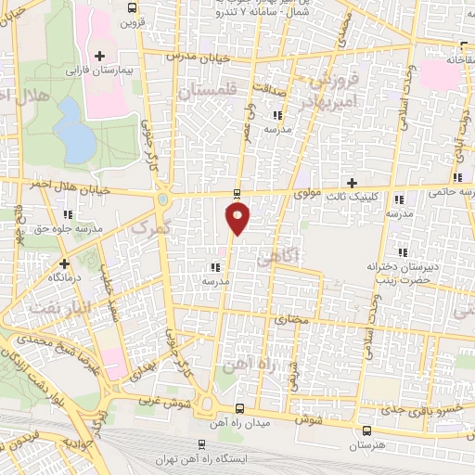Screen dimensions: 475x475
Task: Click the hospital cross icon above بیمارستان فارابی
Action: (99, 56)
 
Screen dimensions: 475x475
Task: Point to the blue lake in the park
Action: (71, 127)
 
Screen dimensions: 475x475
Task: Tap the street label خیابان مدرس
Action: (192, 56)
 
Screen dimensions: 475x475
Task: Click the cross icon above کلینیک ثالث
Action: (352, 182)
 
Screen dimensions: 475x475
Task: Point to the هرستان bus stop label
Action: (366, 445)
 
